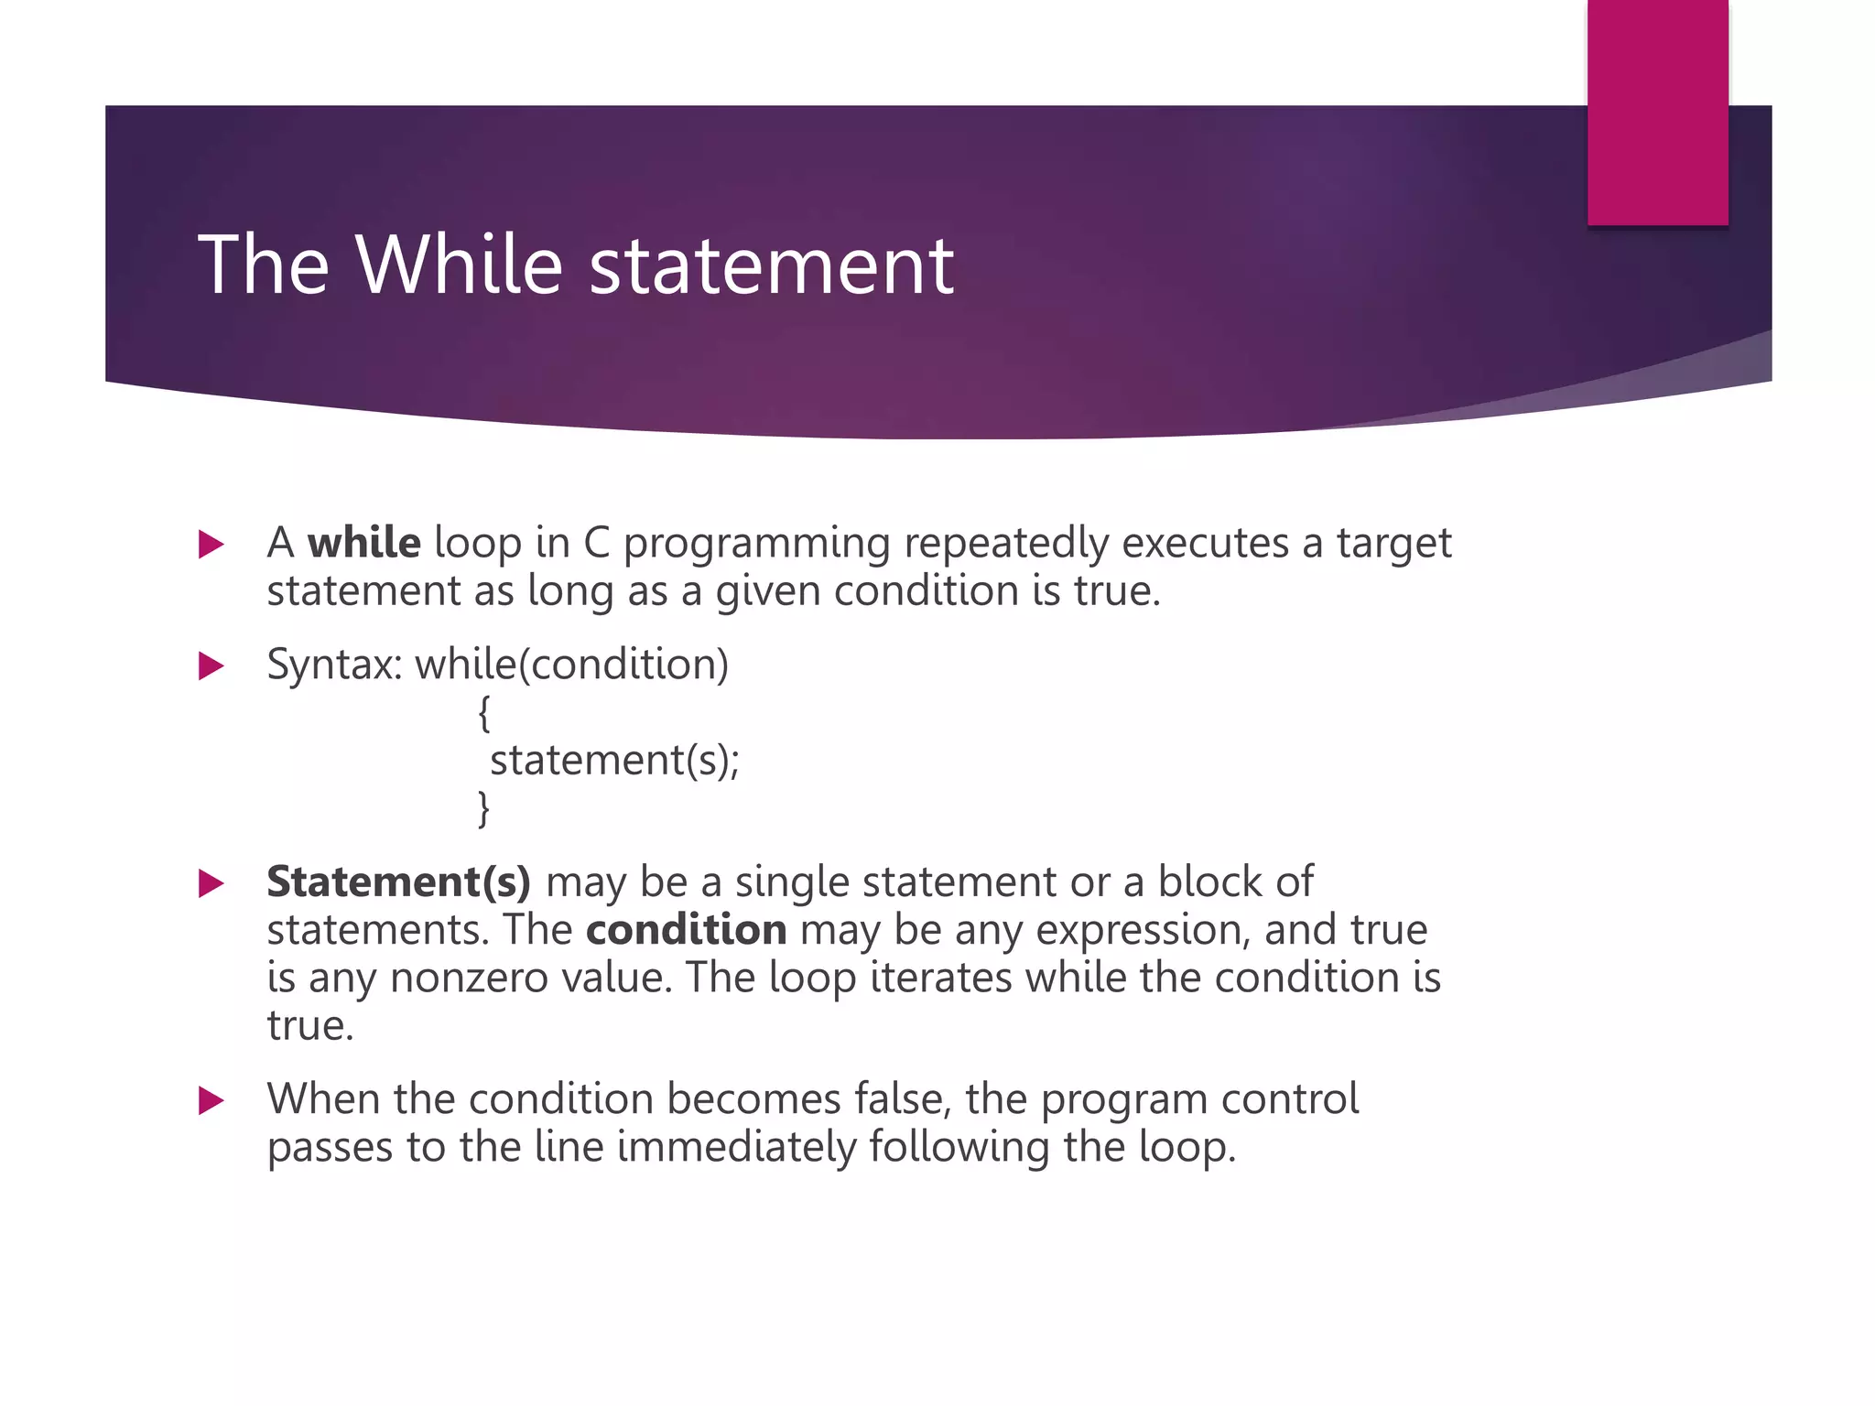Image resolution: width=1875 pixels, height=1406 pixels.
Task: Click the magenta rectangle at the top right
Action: click(1657, 112)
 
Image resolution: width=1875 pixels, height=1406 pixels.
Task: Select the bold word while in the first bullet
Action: click(363, 543)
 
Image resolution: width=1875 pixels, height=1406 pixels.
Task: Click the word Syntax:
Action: click(334, 665)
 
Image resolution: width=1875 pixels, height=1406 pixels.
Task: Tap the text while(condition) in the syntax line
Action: click(572, 665)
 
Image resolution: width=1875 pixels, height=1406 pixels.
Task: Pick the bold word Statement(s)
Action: click(398, 881)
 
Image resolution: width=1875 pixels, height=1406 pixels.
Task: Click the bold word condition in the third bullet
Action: click(686, 930)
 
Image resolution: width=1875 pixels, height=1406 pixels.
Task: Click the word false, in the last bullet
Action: click(902, 1098)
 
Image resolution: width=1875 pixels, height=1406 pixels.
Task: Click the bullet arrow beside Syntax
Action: click(211, 665)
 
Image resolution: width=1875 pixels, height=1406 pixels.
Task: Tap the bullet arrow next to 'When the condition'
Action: click(211, 1100)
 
